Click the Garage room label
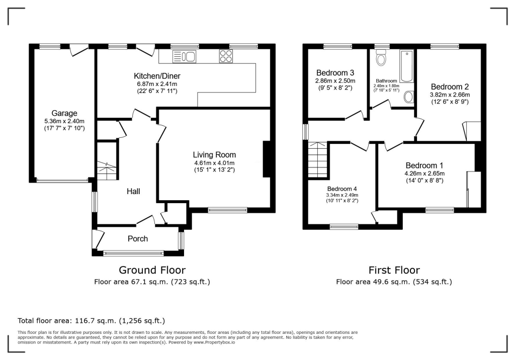tap(64, 113)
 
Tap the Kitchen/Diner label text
tap(155, 76)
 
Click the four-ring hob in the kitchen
tap(225, 57)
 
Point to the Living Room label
tap(214, 155)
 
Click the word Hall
tap(133, 192)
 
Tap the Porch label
tap(137, 239)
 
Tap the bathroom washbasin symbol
tap(408, 97)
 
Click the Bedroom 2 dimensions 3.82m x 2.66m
tap(449, 95)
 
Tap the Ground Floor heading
tap(152, 270)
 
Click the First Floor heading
tap(394, 270)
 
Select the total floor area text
tap(91, 320)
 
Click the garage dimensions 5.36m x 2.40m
tap(64, 121)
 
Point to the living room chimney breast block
tap(266, 159)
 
